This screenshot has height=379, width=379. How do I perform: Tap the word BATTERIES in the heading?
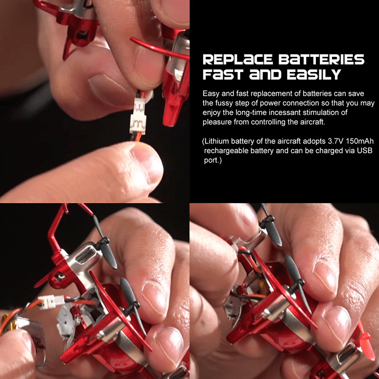tap(322, 60)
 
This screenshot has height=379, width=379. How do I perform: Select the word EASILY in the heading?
tap(314, 74)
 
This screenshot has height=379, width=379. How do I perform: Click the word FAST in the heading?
tap(223, 74)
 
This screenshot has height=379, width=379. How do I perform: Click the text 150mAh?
tap(360, 141)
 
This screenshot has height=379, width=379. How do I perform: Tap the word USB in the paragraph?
tap(365, 151)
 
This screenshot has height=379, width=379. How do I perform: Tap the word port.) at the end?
tap(213, 161)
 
